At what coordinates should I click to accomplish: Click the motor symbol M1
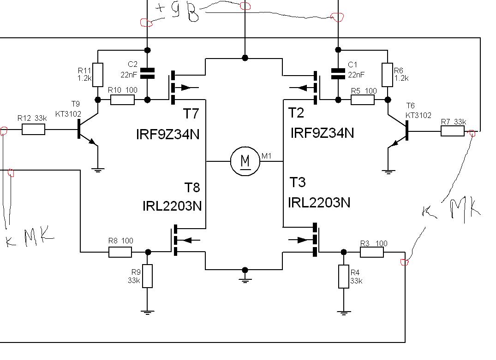245,161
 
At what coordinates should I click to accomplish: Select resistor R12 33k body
33,130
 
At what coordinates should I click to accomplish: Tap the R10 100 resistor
123,100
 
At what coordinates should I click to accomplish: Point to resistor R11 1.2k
98,75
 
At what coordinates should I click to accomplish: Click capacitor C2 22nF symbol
147,73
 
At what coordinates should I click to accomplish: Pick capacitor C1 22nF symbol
338,73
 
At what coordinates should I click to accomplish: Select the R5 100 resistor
363,100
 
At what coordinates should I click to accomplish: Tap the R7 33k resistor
452,131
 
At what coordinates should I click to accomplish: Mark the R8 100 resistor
120,252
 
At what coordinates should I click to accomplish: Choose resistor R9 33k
147,276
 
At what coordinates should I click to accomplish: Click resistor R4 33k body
343,277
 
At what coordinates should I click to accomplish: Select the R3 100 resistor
372,252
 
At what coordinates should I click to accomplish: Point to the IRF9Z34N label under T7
168,134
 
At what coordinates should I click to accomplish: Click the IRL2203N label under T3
319,202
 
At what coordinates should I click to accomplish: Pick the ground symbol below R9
147,312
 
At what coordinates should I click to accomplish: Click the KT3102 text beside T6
418,115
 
